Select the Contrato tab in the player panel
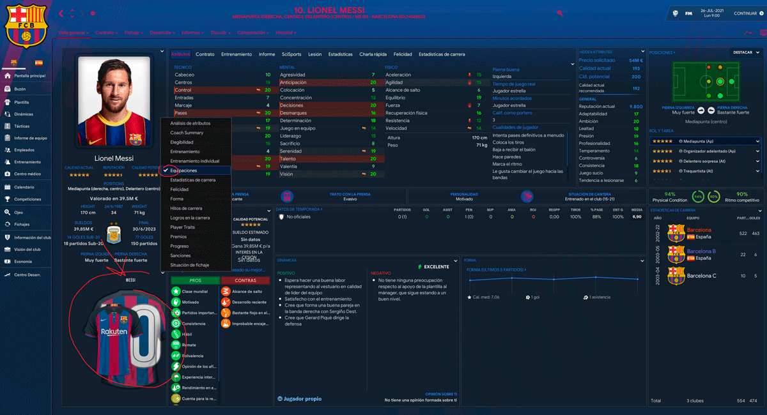[205, 54]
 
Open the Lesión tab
[314, 54]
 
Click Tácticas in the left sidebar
[22, 126]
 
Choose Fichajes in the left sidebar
[23, 224]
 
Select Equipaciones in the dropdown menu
[183, 170]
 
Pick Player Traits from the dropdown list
[182, 227]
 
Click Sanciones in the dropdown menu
[181, 255]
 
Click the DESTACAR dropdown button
[745, 52]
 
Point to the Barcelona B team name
[701, 252]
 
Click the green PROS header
[195, 280]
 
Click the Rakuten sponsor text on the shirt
[114, 332]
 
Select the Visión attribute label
[286, 174]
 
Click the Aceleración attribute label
[398, 75]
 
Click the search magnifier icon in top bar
[560, 13]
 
